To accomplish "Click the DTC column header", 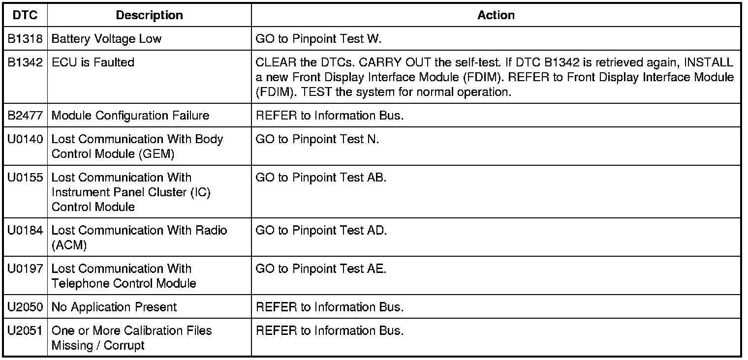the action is (x=25, y=15).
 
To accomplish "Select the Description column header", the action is (x=149, y=15).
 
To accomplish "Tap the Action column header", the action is (x=496, y=15).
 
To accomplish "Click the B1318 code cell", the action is (x=25, y=39).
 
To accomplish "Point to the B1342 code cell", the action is (x=25, y=63).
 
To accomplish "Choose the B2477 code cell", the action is (x=25, y=116).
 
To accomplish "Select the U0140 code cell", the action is (x=25, y=139).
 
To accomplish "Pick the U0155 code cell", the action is (x=25, y=178).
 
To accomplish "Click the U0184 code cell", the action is (x=25, y=231).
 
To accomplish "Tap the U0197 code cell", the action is (x=25, y=269).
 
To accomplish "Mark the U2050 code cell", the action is (x=25, y=307).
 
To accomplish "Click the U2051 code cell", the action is (x=25, y=331).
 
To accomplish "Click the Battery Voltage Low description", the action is (x=106, y=39).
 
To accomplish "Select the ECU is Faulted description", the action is (x=93, y=63).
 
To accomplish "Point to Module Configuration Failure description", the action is (x=130, y=116).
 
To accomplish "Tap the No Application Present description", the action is (x=114, y=307).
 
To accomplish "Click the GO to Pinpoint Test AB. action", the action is (x=321, y=178).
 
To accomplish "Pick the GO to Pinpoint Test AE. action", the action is (x=321, y=269).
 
